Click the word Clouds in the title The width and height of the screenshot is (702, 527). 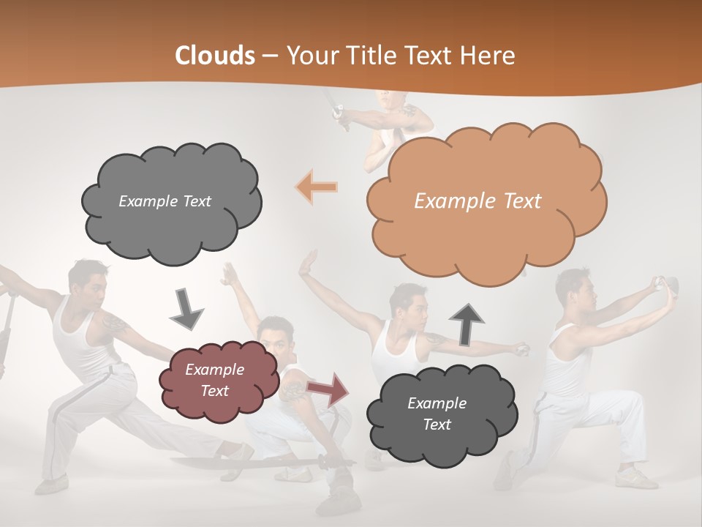[x=215, y=56]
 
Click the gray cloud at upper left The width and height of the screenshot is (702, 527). [x=170, y=201]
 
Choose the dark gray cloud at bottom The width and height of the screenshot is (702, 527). [x=439, y=414]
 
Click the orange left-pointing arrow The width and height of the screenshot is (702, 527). [x=317, y=187]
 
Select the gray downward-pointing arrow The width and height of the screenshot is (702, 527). [x=187, y=308]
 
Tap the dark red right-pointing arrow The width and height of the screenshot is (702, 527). [x=328, y=389]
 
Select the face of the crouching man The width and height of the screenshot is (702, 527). [x=276, y=337]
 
